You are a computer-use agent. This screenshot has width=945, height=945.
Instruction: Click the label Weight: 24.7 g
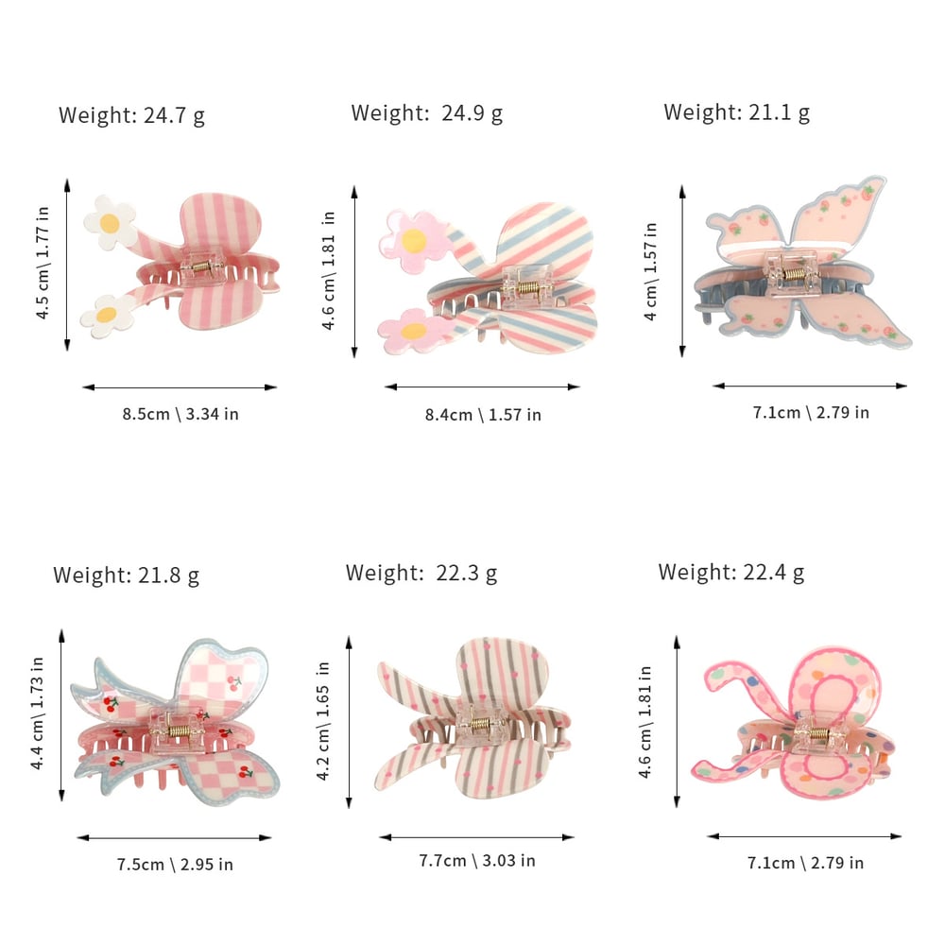131,116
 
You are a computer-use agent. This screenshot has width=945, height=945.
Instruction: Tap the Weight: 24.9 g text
426,113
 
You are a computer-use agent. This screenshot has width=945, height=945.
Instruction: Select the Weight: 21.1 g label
736,112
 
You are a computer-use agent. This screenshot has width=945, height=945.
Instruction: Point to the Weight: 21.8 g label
126,576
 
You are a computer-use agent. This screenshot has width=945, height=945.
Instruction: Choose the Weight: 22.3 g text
421,573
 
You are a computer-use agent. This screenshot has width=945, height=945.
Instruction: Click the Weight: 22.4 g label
731,572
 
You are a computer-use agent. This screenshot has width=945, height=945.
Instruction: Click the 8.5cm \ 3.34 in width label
180,414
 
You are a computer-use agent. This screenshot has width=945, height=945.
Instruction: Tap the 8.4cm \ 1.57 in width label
482,414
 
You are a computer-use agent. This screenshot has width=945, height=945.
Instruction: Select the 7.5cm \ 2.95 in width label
175,864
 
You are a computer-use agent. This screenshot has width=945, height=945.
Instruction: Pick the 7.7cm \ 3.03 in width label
477,861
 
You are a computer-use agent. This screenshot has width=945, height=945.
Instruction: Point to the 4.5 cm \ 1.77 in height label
43,264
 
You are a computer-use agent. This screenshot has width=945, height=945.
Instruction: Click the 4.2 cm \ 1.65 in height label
324,720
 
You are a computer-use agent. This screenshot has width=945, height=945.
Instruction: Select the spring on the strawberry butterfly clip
798,275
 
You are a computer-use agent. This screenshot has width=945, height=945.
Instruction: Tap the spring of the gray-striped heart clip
481,727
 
